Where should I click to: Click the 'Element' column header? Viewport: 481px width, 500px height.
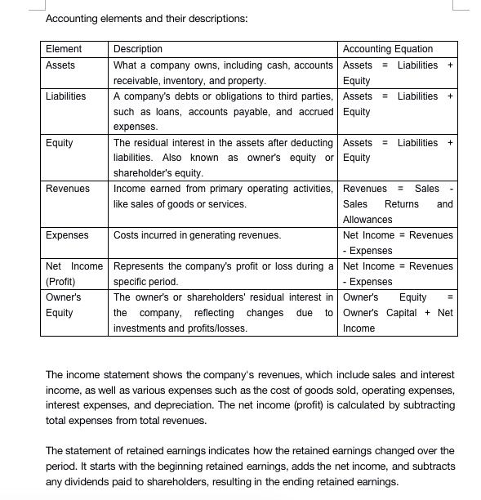[x=64, y=49]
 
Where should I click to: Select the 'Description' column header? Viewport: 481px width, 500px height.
[x=138, y=49]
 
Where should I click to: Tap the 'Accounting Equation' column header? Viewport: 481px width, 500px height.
[x=388, y=49]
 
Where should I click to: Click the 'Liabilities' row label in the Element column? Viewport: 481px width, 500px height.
[x=66, y=96]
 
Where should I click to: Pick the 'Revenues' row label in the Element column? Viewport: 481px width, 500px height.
[x=68, y=189]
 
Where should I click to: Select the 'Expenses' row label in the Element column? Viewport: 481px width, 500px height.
[x=67, y=235]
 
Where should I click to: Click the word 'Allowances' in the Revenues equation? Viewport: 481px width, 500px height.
[x=367, y=220]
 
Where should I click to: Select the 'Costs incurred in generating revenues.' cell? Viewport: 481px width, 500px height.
[x=197, y=235]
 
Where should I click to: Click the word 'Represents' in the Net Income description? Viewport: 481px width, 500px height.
[x=138, y=266]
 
